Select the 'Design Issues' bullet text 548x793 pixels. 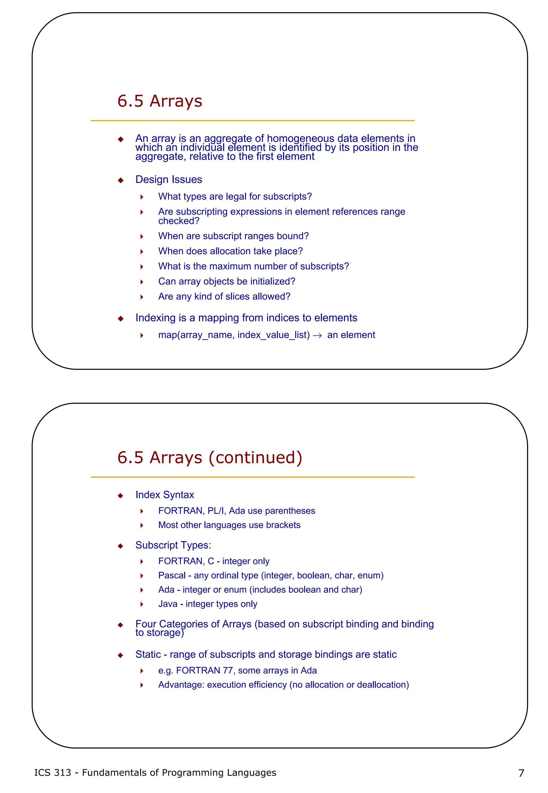(169, 179)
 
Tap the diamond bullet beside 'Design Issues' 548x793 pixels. (120, 180)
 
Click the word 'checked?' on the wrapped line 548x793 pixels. (178, 221)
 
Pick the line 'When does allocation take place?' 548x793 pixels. (230, 251)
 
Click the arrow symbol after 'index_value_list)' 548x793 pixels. (317, 335)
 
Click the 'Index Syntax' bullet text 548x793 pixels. (165, 495)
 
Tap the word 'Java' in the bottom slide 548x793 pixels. (168, 604)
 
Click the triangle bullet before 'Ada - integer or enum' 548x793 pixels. (142, 590)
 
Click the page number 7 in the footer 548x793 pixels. (521, 773)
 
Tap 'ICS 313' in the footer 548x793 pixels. (52, 773)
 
